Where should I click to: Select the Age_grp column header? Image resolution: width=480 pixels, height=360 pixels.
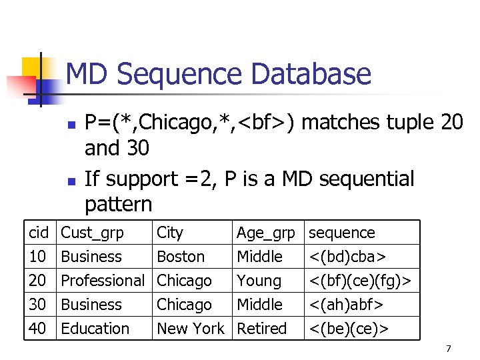pos(265,233)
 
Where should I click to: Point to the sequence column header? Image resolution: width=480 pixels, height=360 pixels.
pos(341,233)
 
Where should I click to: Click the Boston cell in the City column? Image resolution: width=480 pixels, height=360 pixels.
pos(181,257)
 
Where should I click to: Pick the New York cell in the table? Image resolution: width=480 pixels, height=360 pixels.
pos(191,329)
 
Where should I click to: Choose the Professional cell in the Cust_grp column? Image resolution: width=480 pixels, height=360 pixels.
pos(103,281)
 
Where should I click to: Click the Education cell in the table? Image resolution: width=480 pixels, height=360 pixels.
pos(95,329)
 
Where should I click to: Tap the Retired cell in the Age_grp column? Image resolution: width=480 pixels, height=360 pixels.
pos(261,329)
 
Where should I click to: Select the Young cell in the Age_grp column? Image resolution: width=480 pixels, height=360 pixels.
pos(259,281)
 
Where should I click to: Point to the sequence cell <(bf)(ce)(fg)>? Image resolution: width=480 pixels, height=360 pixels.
pos(361,281)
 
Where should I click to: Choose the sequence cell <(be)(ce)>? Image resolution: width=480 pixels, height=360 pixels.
pos(349,329)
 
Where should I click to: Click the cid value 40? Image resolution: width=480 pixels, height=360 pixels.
pos(38,329)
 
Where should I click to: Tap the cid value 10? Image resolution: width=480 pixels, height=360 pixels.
pos(38,257)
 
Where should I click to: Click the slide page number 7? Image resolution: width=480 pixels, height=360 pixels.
pos(449,349)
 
